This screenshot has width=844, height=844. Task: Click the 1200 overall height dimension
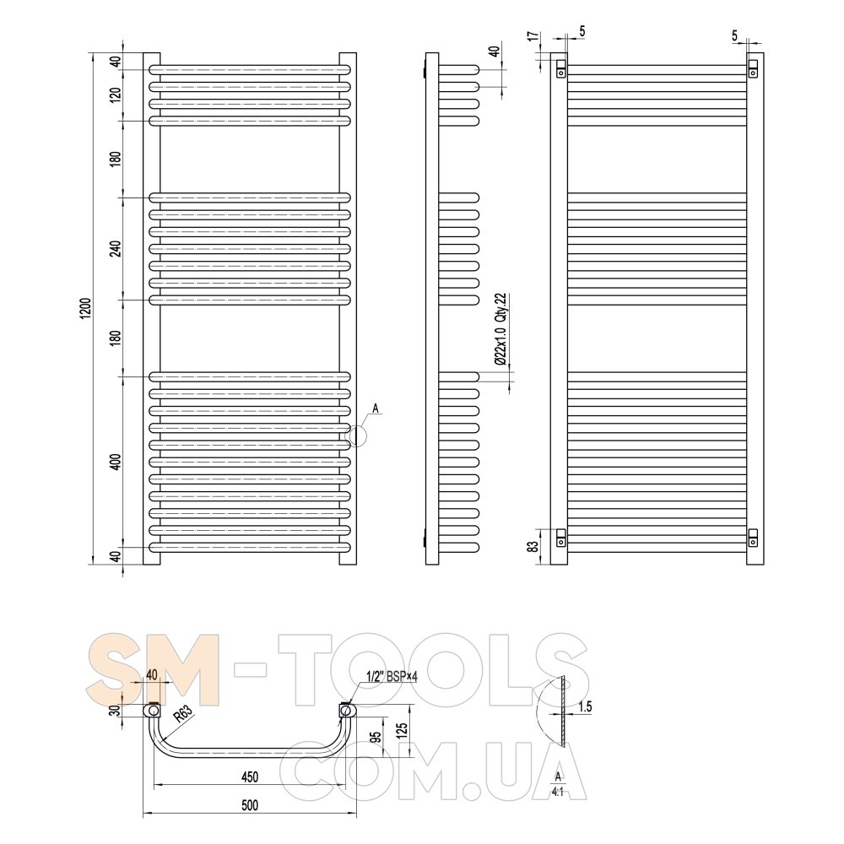tap(86, 308)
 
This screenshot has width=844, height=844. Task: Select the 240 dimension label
tap(116, 248)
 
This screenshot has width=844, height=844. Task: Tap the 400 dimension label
tap(116, 463)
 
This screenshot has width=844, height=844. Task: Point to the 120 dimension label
tap(116, 95)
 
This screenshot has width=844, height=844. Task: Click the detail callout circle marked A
tap(355, 436)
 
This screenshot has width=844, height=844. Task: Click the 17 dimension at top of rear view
tap(533, 36)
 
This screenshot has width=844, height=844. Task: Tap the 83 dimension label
tap(533, 547)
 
